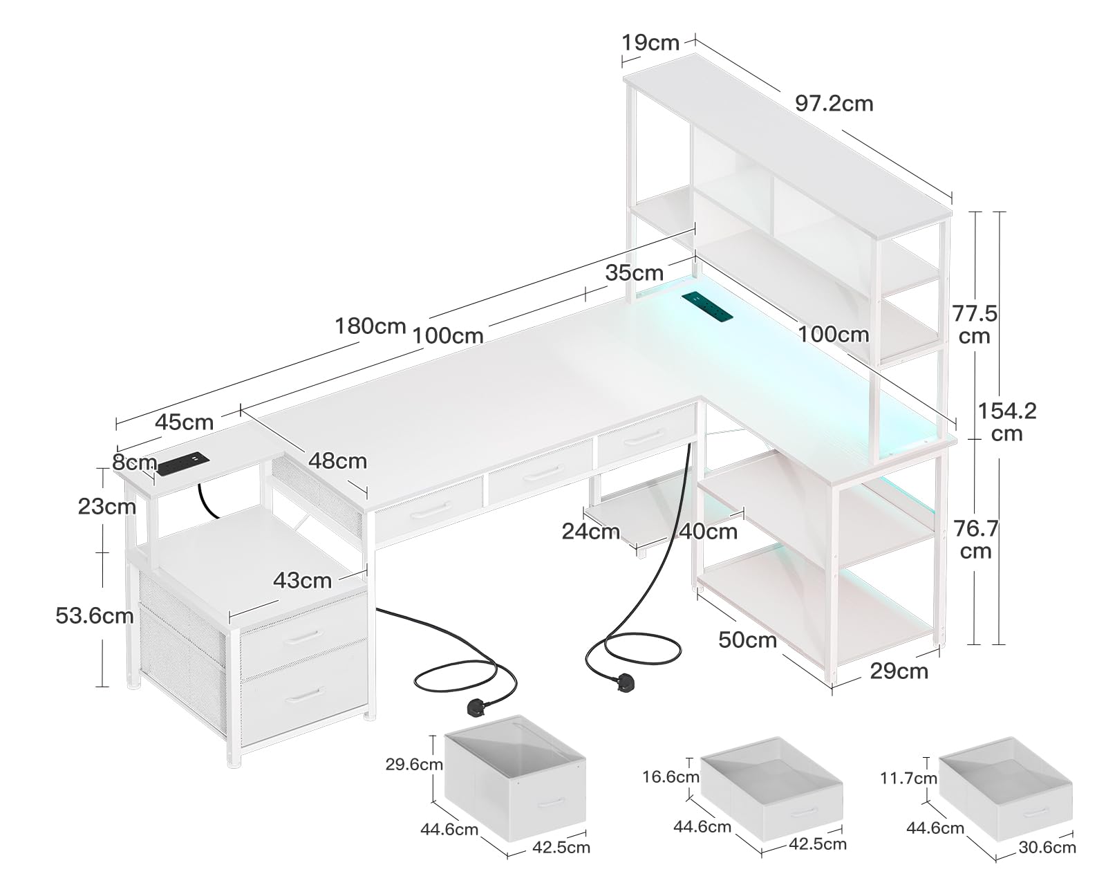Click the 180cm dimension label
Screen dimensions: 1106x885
pos(371,325)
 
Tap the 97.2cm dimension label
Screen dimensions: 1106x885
pos(834,104)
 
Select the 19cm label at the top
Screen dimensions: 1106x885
pos(650,43)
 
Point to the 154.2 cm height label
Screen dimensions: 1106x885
pos(1006,422)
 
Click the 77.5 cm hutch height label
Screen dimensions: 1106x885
pos(975,325)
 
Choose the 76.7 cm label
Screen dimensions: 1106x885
pos(975,540)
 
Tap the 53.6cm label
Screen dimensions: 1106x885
pos(94,615)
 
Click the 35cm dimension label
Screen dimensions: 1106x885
pos(634,272)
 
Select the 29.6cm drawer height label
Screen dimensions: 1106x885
pos(414,765)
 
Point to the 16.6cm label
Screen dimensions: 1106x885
pos(671,777)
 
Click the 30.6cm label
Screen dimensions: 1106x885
pos(1047,847)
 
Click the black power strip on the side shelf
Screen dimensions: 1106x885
pos(181,463)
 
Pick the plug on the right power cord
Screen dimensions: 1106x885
pos(626,682)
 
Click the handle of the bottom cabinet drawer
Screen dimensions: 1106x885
pos(305,693)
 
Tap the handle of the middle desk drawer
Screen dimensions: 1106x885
pos(543,473)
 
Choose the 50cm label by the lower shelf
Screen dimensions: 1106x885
pos(747,640)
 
